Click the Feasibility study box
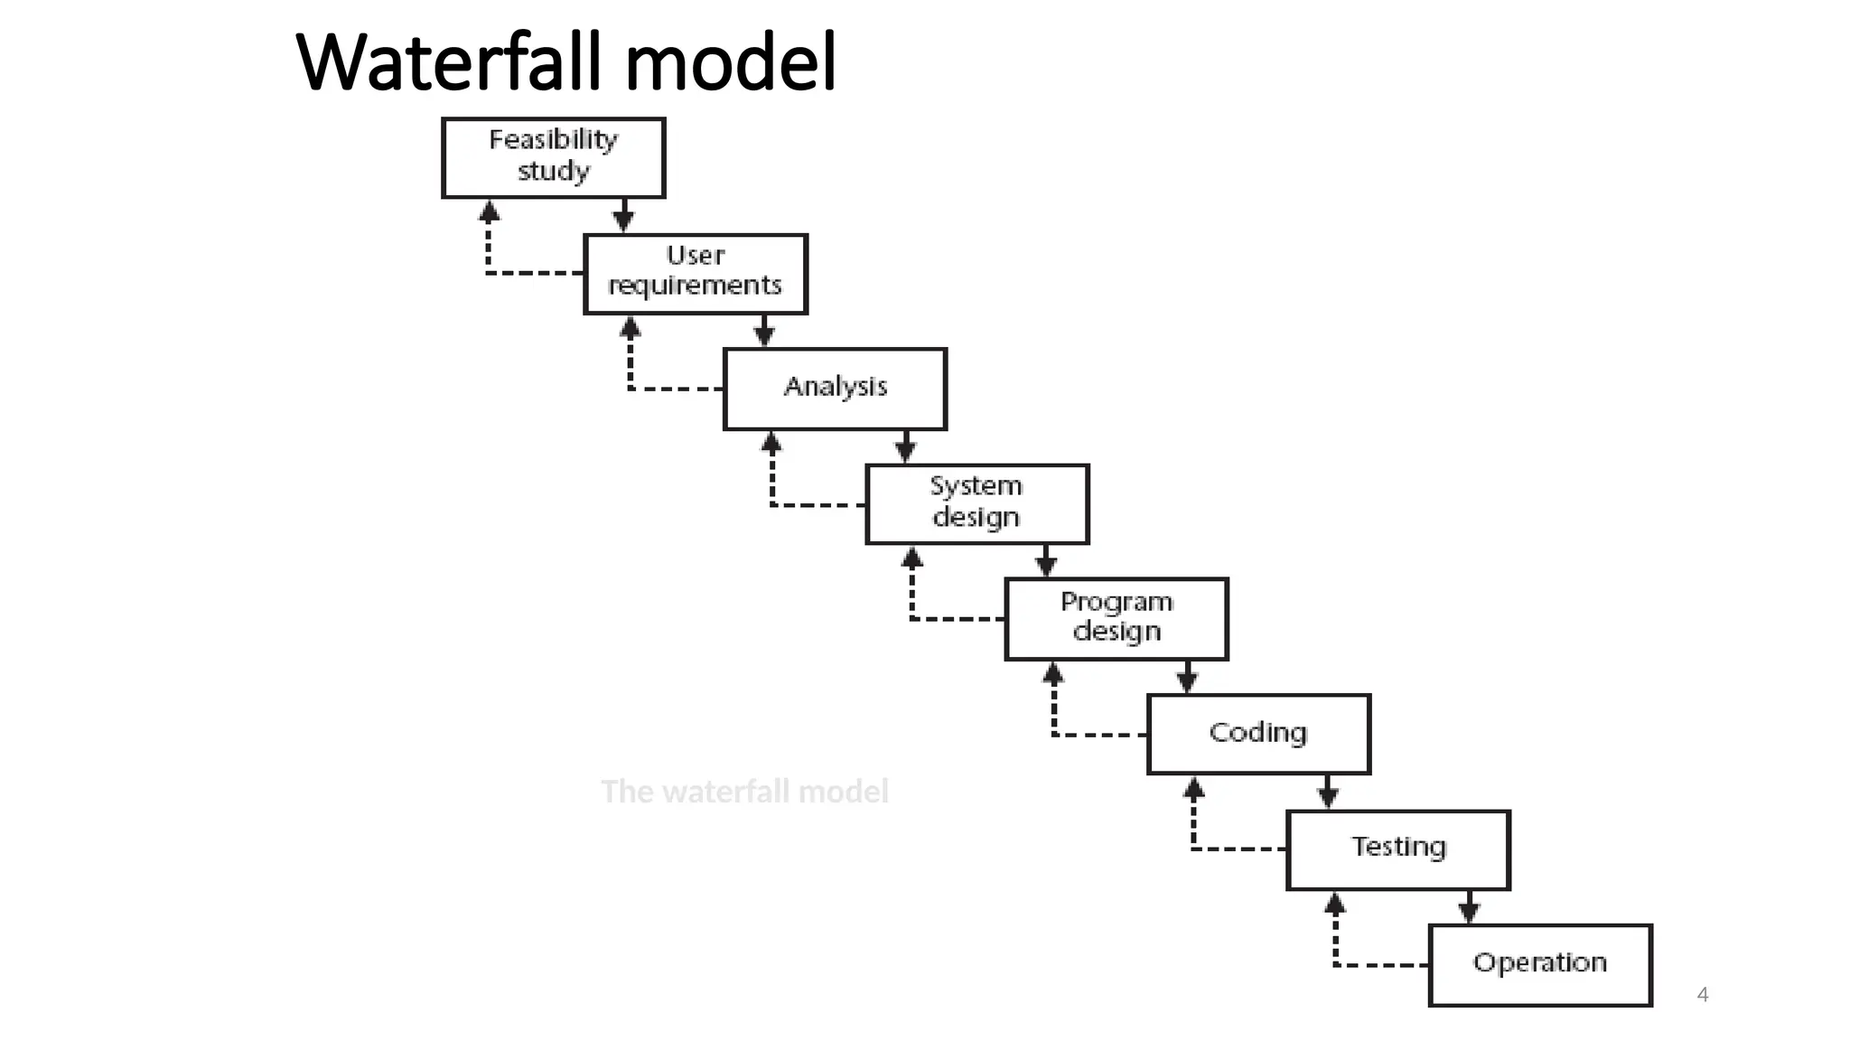[x=553, y=157]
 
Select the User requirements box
[x=695, y=273]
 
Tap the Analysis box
[x=835, y=389]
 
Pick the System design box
[x=976, y=503]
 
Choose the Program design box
[x=1116, y=618]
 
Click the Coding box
[x=1258, y=733]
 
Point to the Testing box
[x=1397, y=849]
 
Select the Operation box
[x=1539, y=963]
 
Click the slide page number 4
[x=1702, y=994]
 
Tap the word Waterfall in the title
[x=447, y=63]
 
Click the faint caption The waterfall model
[x=744, y=792]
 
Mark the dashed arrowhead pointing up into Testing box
[x=1335, y=904]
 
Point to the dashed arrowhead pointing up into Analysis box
[x=771, y=444]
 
